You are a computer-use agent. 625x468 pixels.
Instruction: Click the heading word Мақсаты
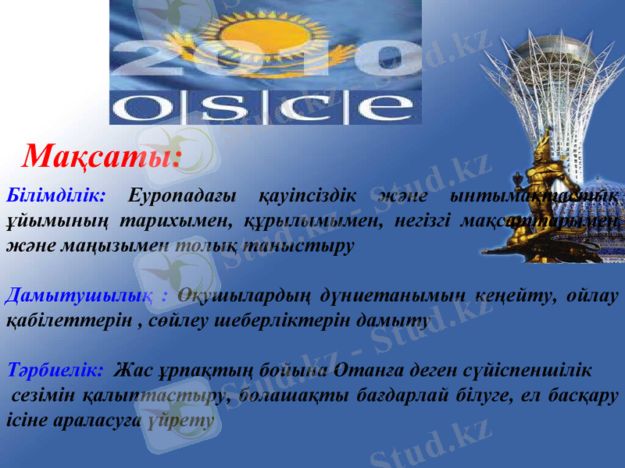[102, 157]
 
